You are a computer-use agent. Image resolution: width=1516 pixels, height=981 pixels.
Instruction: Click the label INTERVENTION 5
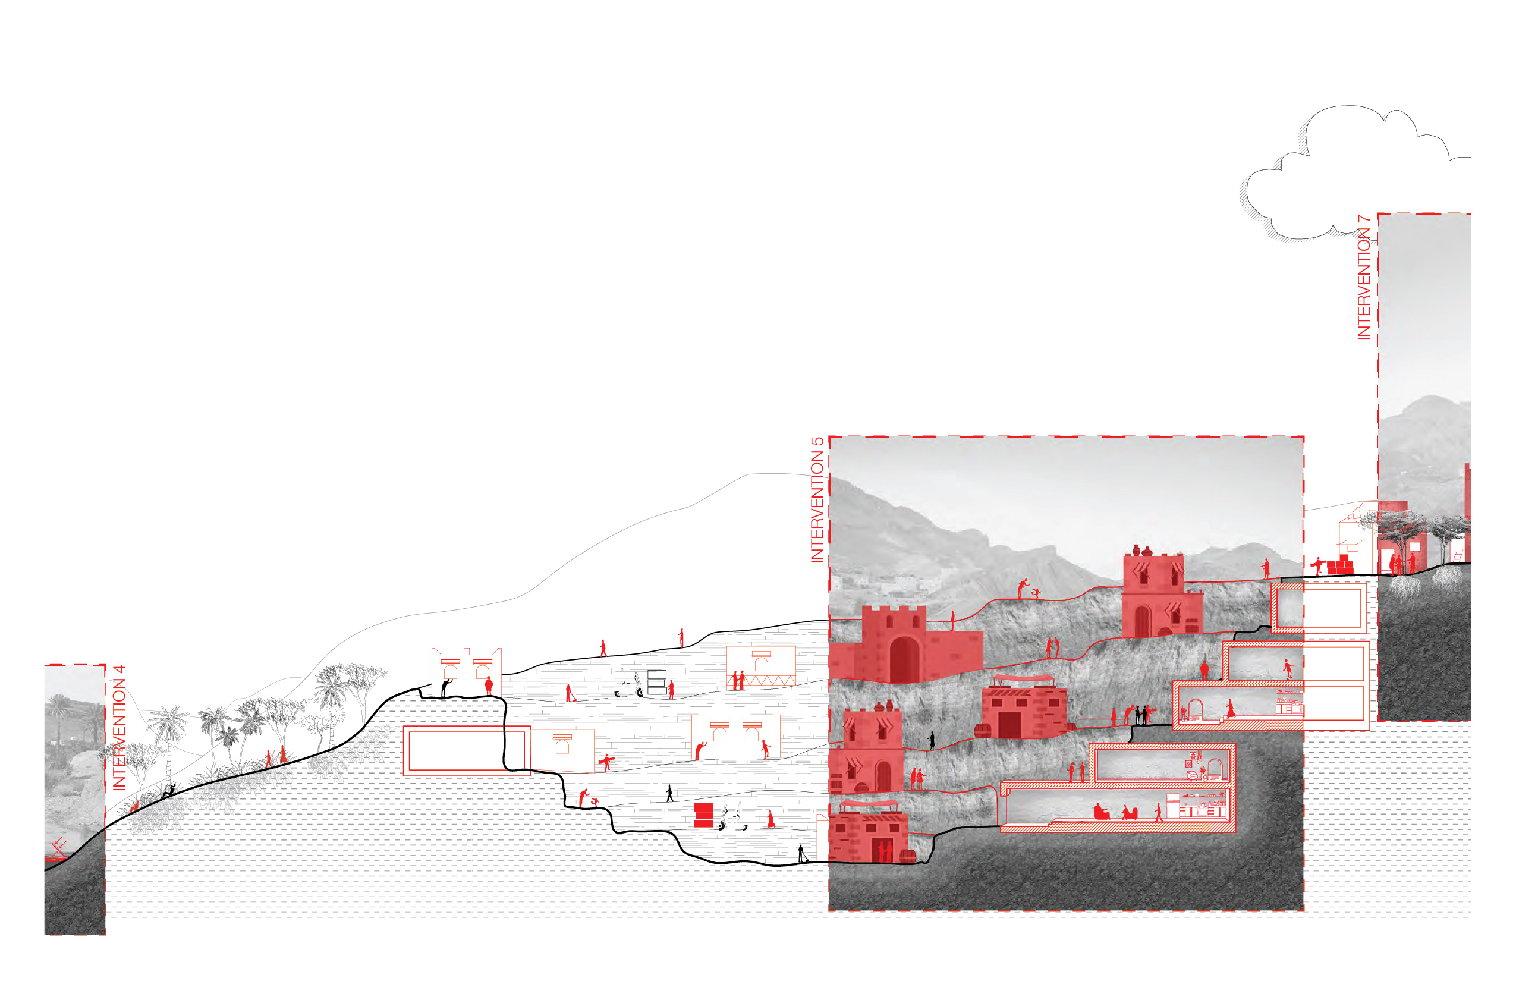pos(817,500)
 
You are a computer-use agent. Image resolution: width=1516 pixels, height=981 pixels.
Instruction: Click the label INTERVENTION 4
pos(119,728)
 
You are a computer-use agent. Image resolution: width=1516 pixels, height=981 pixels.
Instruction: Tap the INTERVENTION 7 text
pos(1364,278)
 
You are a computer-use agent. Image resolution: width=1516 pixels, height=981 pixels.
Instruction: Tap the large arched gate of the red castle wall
pos(904,659)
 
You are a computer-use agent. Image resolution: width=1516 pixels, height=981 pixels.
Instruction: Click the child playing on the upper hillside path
pos(1036,594)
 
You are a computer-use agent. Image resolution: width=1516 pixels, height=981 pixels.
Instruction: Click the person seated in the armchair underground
pos(1100,812)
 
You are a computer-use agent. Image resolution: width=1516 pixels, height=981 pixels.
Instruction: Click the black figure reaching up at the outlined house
pos(446,688)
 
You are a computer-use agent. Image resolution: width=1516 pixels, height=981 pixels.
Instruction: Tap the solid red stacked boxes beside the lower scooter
pos(703,815)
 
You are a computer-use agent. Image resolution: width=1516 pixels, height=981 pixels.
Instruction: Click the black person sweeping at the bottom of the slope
pos(802,854)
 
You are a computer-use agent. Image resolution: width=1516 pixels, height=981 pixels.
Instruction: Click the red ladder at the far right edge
pos(1457,555)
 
